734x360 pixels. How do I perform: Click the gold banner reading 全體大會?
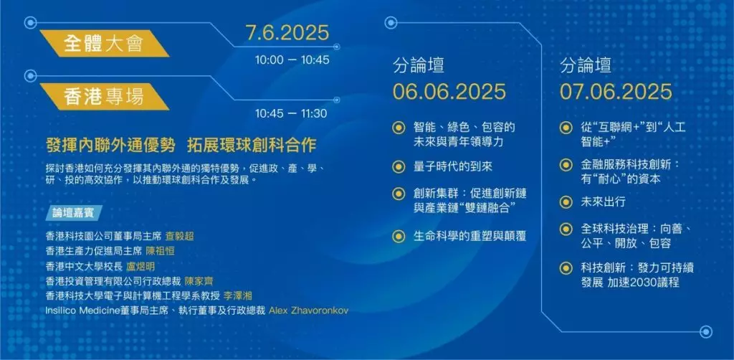(x=104, y=44)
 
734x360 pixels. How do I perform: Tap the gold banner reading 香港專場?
(x=104, y=96)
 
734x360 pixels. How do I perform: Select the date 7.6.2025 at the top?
(x=287, y=33)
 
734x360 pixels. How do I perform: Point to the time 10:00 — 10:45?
(x=292, y=60)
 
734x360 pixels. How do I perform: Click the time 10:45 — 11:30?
(x=291, y=113)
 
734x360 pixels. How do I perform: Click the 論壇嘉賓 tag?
(x=74, y=213)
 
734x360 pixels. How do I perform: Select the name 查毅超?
(x=179, y=237)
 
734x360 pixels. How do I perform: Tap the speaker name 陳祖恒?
(x=160, y=252)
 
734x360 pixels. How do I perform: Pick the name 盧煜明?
(x=140, y=266)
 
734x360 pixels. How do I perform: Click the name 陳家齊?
(x=199, y=281)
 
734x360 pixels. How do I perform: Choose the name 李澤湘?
(x=238, y=296)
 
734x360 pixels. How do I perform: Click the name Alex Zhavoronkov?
(x=309, y=311)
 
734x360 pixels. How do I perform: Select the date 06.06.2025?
(x=449, y=91)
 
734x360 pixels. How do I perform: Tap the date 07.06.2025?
(x=616, y=91)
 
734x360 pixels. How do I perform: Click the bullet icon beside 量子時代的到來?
(x=399, y=166)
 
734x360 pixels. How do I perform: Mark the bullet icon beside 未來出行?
(x=566, y=202)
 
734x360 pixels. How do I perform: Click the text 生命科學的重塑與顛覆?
(x=470, y=235)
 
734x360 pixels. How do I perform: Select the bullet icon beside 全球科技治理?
(x=566, y=229)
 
